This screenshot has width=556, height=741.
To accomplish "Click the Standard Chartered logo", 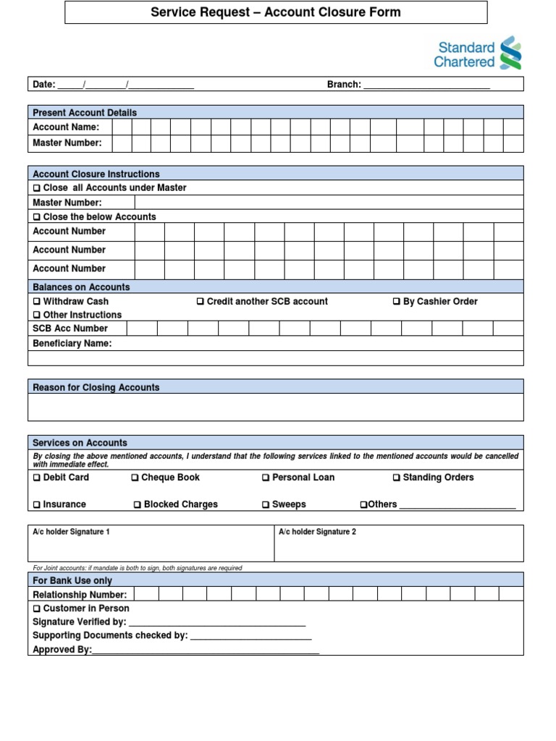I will tap(477, 54).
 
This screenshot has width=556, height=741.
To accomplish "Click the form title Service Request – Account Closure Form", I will tap(275, 12).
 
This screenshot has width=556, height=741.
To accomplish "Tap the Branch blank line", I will tap(426, 85).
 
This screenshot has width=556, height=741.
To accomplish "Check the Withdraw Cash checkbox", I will tap(37, 302).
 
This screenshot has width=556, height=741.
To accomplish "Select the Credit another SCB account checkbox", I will tap(201, 302).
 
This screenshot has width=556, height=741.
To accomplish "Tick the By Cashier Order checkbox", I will tap(397, 302).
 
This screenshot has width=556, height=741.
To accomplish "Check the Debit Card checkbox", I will tap(37, 478).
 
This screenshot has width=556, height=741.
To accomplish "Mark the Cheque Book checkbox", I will tap(135, 478).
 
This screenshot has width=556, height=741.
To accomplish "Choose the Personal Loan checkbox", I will tap(266, 478).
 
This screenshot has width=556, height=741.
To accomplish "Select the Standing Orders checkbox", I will tap(397, 478).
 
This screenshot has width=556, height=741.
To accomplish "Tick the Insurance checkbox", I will tap(37, 505).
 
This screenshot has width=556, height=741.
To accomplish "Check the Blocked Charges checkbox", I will tap(138, 505).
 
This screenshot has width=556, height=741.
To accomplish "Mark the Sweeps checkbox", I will tap(266, 505).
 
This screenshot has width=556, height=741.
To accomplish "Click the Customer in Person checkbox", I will tap(37, 609).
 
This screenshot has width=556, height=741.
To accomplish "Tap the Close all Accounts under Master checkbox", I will tap(37, 188).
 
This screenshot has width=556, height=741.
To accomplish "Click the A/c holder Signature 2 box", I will tap(398, 547).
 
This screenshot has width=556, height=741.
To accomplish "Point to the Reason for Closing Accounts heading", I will tap(96, 388).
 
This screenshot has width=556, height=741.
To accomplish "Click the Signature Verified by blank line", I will tap(217, 622).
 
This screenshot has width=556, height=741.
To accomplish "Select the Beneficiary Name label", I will tap(72, 344).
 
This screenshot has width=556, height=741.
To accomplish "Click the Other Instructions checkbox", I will tap(37, 316).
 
